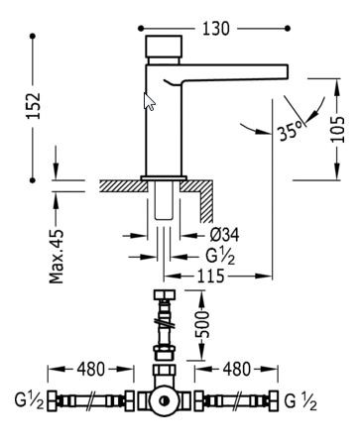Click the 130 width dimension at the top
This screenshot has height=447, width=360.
215,29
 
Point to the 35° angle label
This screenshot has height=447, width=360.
291,129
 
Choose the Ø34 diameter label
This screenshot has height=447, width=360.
225,235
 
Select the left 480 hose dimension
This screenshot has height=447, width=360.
92,369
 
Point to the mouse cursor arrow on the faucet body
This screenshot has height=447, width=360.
150,101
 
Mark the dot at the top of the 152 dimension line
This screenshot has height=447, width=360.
33,37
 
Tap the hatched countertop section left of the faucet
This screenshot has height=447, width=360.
119,185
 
